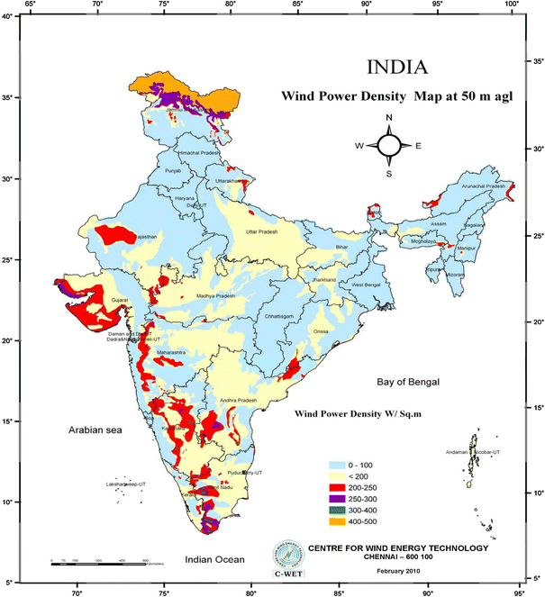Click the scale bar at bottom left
pos(99,564)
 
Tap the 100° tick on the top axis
pos(512,5)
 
